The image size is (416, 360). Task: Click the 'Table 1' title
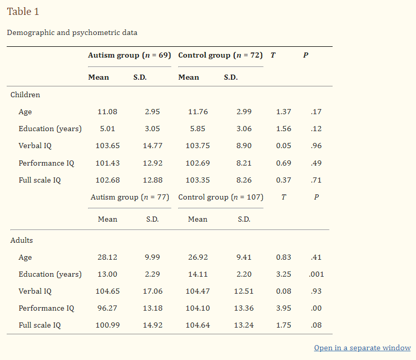click(x=23, y=11)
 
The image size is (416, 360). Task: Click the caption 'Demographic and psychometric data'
click(x=72, y=32)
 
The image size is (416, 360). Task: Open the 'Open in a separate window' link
click(x=362, y=348)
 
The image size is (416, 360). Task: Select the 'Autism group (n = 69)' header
click(x=129, y=55)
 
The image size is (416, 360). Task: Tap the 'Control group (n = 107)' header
click(x=221, y=197)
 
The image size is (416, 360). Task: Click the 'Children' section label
click(x=25, y=95)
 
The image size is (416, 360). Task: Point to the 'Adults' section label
click(x=22, y=240)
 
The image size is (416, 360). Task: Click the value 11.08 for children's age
click(x=108, y=112)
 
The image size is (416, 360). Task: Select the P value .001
click(x=316, y=274)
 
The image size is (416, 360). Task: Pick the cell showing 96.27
click(x=108, y=308)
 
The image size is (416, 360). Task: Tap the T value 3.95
click(x=284, y=308)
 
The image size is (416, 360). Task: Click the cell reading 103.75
click(x=198, y=146)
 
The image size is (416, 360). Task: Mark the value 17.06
click(x=152, y=291)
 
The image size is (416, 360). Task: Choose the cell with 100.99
click(x=108, y=325)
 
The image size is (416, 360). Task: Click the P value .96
click(x=316, y=146)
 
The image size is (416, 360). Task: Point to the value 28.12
click(x=108, y=257)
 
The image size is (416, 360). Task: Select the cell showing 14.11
click(x=198, y=274)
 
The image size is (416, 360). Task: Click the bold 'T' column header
click(x=273, y=55)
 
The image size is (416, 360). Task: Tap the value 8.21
click(x=244, y=163)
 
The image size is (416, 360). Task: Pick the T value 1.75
click(x=284, y=325)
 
